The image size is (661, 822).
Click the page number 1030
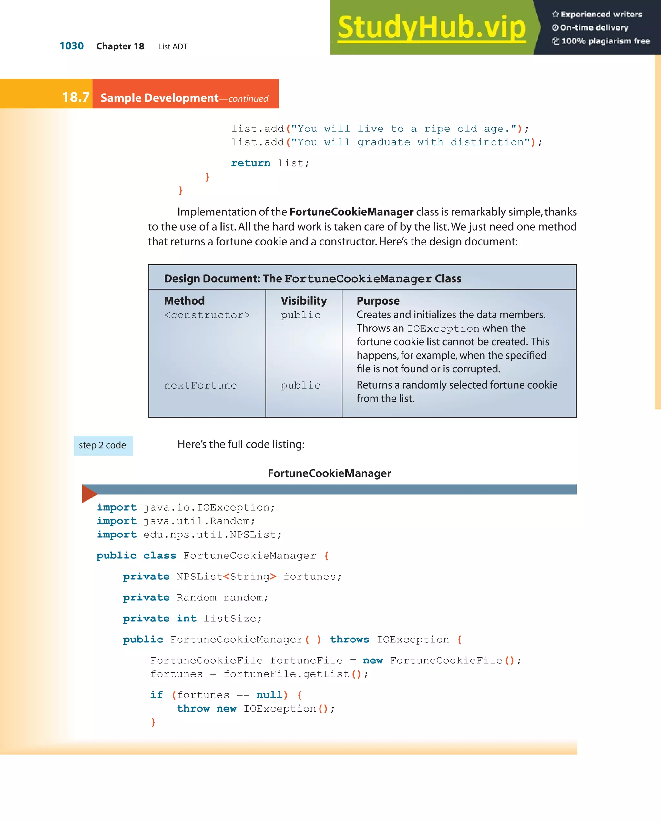point(71,46)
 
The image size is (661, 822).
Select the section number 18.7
point(76,98)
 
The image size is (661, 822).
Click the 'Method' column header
point(184,301)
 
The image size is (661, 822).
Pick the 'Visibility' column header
point(303,301)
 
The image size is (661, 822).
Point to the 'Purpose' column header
point(378,301)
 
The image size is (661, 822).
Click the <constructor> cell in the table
point(207,315)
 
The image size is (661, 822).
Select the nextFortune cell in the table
point(200,385)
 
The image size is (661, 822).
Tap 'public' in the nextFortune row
point(300,385)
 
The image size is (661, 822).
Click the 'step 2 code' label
point(103,445)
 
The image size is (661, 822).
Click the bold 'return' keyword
point(250,163)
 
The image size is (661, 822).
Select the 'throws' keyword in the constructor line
point(349,640)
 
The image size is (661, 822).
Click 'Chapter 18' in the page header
point(120,47)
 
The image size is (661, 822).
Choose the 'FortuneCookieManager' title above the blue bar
point(329,473)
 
